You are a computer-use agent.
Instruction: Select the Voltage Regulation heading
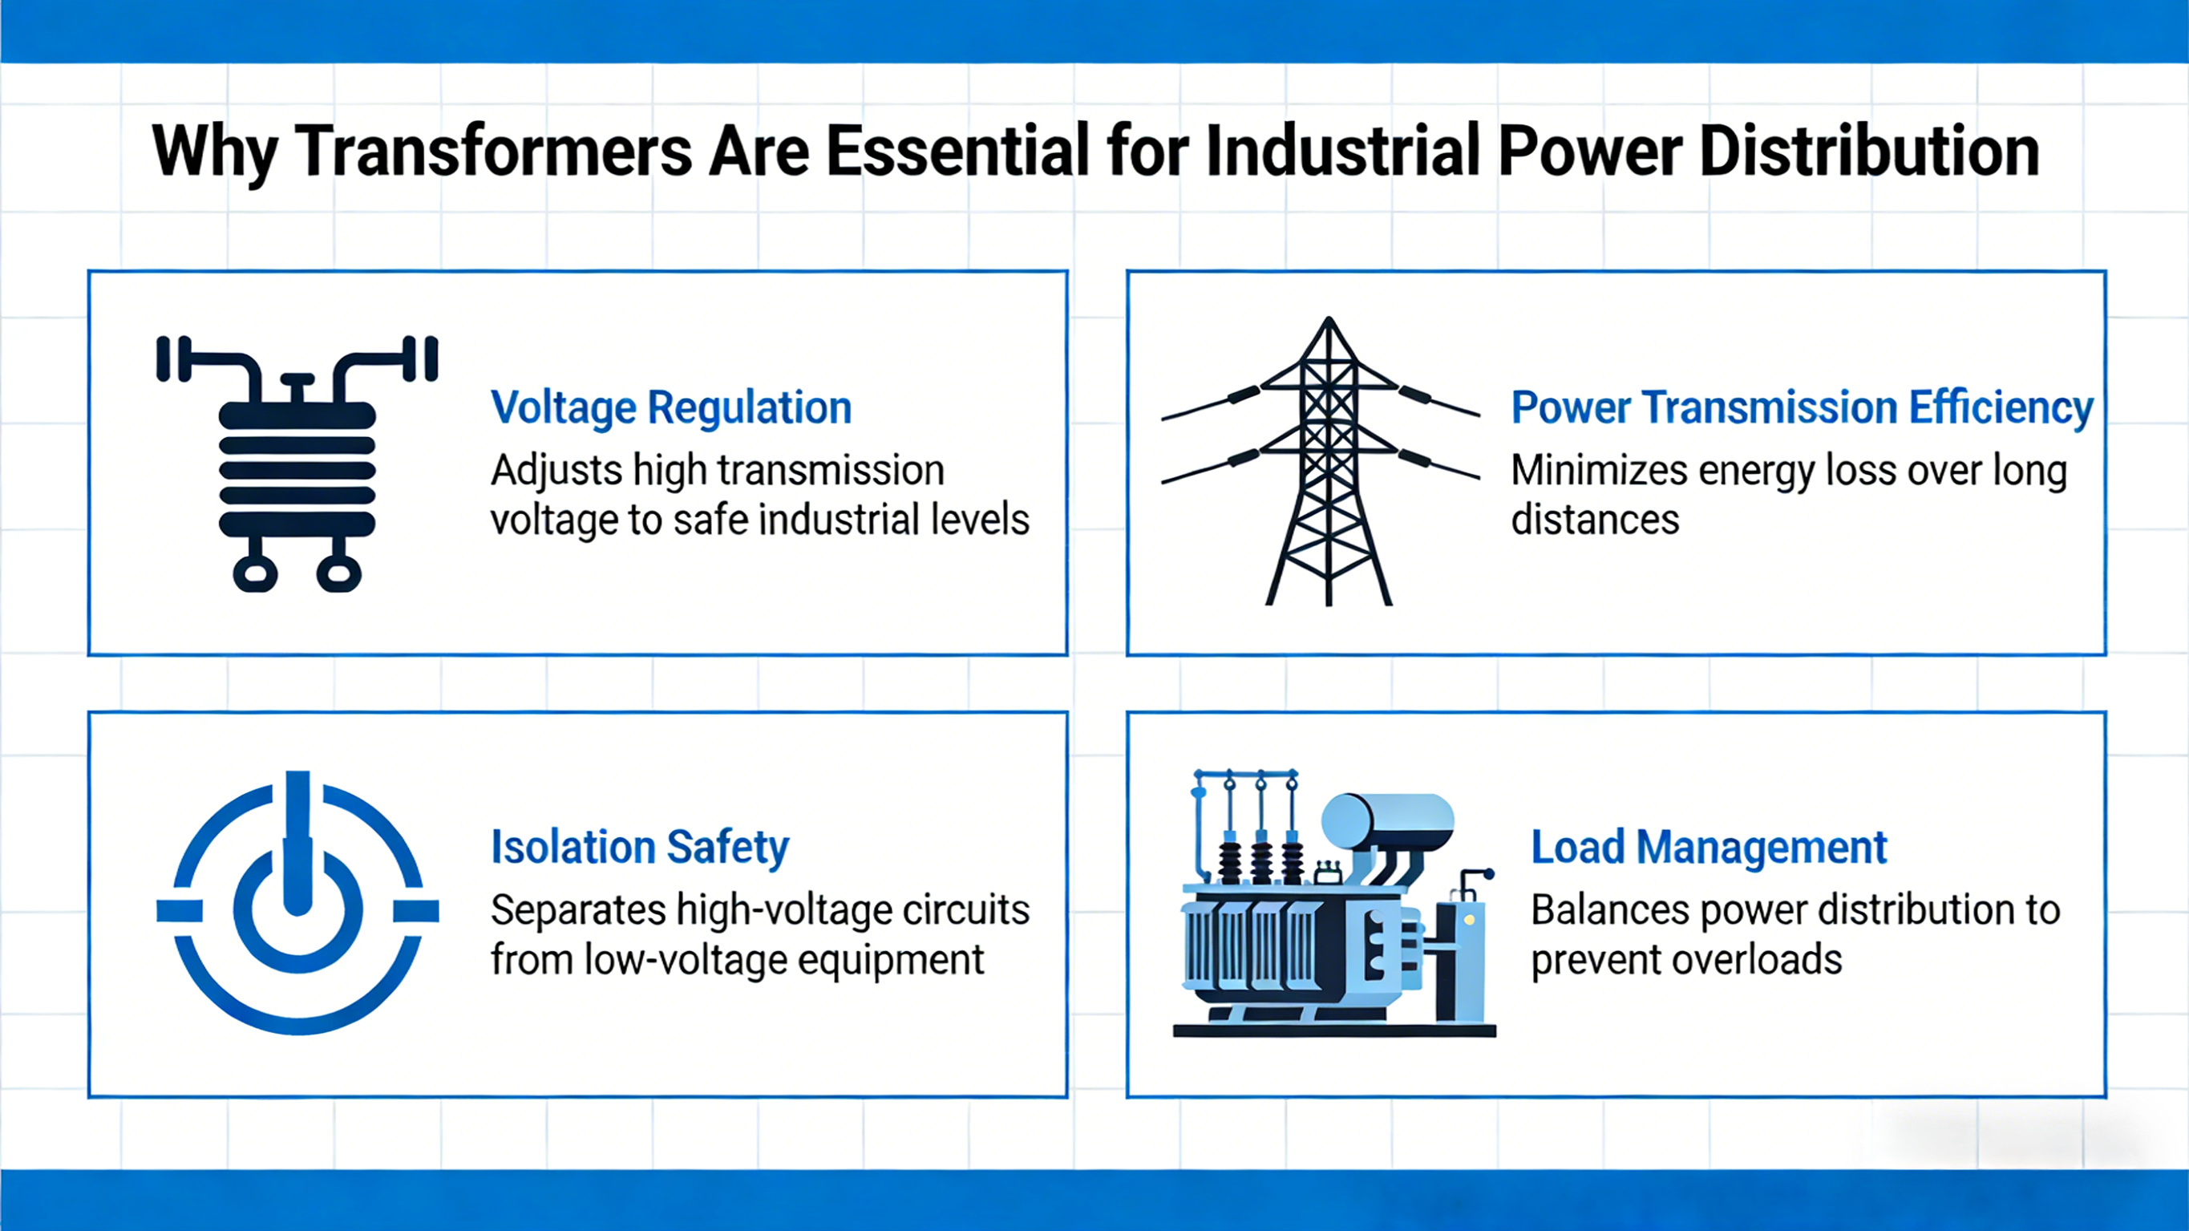pyautogui.click(x=670, y=408)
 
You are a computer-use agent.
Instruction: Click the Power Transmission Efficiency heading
pyautogui.click(x=1801, y=408)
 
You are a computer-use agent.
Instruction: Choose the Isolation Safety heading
pyautogui.click(x=640, y=848)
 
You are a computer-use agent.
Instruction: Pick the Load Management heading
pyautogui.click(x=1708, y=848)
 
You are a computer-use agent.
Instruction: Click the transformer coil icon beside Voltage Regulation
pyautogui.click(x=297, y=464)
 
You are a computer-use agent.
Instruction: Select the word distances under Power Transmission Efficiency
pyautogui.click(x=1594, y=520)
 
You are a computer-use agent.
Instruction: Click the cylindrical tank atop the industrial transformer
pyautogui.click(x=1387, y=821)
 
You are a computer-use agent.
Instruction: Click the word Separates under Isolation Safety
pyautogui.click(x=578, y=910)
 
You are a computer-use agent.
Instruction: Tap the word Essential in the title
pyautogui.click(x=957, y=152)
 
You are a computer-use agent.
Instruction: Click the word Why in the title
pyautogui.click(x=213, y=152)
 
